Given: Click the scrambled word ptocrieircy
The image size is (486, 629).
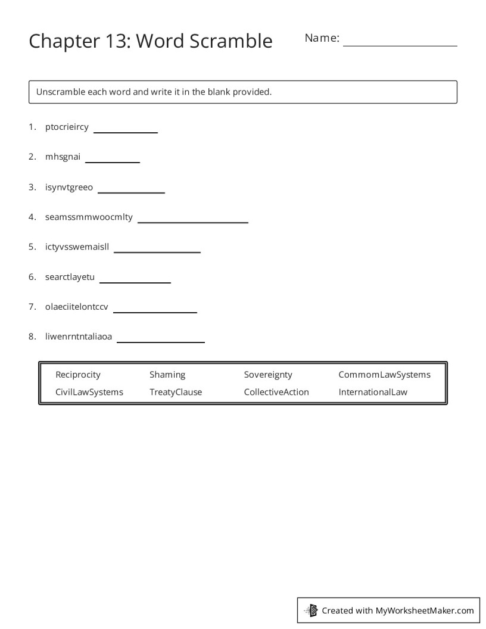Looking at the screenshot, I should (x=67, y=127).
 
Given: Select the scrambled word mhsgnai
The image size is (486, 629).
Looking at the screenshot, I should (x=63, y=157).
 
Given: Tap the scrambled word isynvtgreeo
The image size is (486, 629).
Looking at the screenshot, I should (x=69, y=188).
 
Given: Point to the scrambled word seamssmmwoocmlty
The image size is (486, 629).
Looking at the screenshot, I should (x=89, y=217).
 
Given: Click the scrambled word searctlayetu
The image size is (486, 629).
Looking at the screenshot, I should (x=70, y=277).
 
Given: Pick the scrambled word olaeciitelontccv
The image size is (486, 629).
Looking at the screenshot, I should (x=77, y=307).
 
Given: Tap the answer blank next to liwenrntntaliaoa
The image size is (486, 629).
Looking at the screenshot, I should (x=160, y=340).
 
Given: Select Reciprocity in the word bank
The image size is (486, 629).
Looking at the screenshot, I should (x=78, y=375).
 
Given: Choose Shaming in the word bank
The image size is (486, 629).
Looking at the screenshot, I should (x=167, y=375).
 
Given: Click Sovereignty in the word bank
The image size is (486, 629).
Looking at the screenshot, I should (x=268, y=375).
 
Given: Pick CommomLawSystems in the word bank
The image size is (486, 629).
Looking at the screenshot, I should (x=384, y=375).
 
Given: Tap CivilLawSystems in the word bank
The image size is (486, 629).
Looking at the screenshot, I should (x=89, y=392).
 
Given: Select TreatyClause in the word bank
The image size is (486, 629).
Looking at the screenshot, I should (x=176, y=392).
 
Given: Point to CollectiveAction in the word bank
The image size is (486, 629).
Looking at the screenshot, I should (x=276, y=392).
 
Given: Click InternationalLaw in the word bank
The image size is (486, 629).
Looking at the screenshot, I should (x=373, y=392).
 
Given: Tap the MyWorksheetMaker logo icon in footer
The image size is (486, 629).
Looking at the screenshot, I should (x=311, y=610).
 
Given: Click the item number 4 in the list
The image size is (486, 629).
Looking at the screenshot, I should (x=32, y=217).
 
